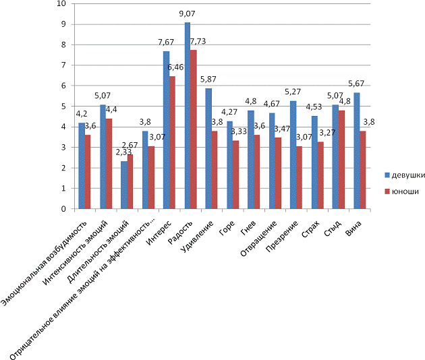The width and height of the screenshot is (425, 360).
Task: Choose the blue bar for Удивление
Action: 208,149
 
